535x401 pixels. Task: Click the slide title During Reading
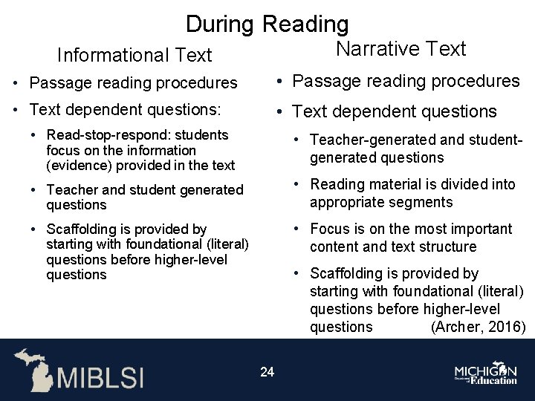click(267, 24)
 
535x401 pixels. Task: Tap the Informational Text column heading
click(134, 55)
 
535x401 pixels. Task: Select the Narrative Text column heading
click(401, 49)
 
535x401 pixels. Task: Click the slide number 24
click(267, 371)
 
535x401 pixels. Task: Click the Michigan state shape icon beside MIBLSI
click(34, 369)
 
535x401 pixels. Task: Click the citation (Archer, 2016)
click(479, 327)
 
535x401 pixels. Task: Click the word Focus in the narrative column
click(330, 229)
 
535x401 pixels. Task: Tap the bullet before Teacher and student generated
click(34, 190)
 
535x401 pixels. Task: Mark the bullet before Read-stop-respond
click(34, 135)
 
